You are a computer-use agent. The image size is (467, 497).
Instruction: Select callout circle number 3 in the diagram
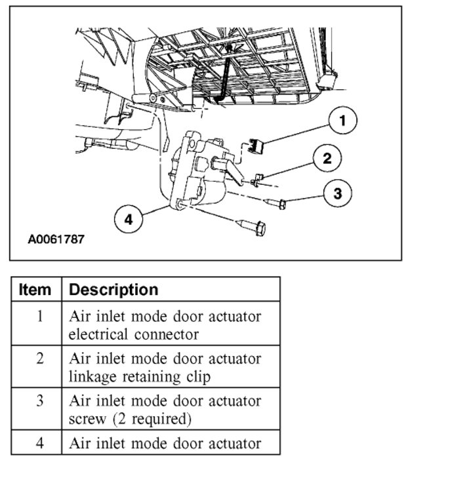coord(337,193)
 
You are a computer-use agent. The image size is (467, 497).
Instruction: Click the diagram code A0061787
coord(56,239)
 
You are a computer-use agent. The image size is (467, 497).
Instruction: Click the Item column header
coord(36,289)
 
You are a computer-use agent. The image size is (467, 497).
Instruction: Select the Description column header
coord(113,289)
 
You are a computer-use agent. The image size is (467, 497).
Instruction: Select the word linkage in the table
coord(95,376)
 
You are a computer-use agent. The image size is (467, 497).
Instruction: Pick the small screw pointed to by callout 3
coord(278,204)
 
